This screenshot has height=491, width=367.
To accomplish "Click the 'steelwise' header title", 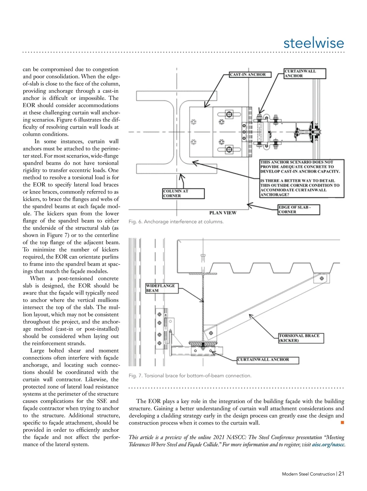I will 313,43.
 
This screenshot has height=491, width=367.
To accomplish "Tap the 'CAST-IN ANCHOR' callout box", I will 250,74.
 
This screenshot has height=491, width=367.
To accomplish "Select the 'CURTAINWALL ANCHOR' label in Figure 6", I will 305,73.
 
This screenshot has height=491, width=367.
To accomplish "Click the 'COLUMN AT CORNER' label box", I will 183,193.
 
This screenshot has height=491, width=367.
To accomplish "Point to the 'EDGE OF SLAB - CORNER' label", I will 298,209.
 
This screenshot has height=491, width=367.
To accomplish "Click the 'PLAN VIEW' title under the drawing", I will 223,212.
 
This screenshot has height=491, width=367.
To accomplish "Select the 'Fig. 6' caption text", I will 176,222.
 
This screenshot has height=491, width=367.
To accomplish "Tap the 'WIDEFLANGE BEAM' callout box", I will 161,288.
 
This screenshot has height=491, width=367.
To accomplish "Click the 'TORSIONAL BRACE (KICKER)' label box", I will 301,338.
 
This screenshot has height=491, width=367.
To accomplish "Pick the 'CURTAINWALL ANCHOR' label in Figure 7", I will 268,360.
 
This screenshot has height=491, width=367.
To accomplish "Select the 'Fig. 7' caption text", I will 190,375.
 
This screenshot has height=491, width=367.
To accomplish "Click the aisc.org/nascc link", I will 328,445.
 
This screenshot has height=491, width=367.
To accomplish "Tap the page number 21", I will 341,474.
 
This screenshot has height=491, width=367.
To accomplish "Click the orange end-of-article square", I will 343,423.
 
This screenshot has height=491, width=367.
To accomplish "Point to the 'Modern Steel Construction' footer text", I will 308,474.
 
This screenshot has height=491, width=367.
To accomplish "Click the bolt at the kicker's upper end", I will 321,278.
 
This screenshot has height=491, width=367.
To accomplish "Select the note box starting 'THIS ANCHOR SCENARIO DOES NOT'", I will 302,178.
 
